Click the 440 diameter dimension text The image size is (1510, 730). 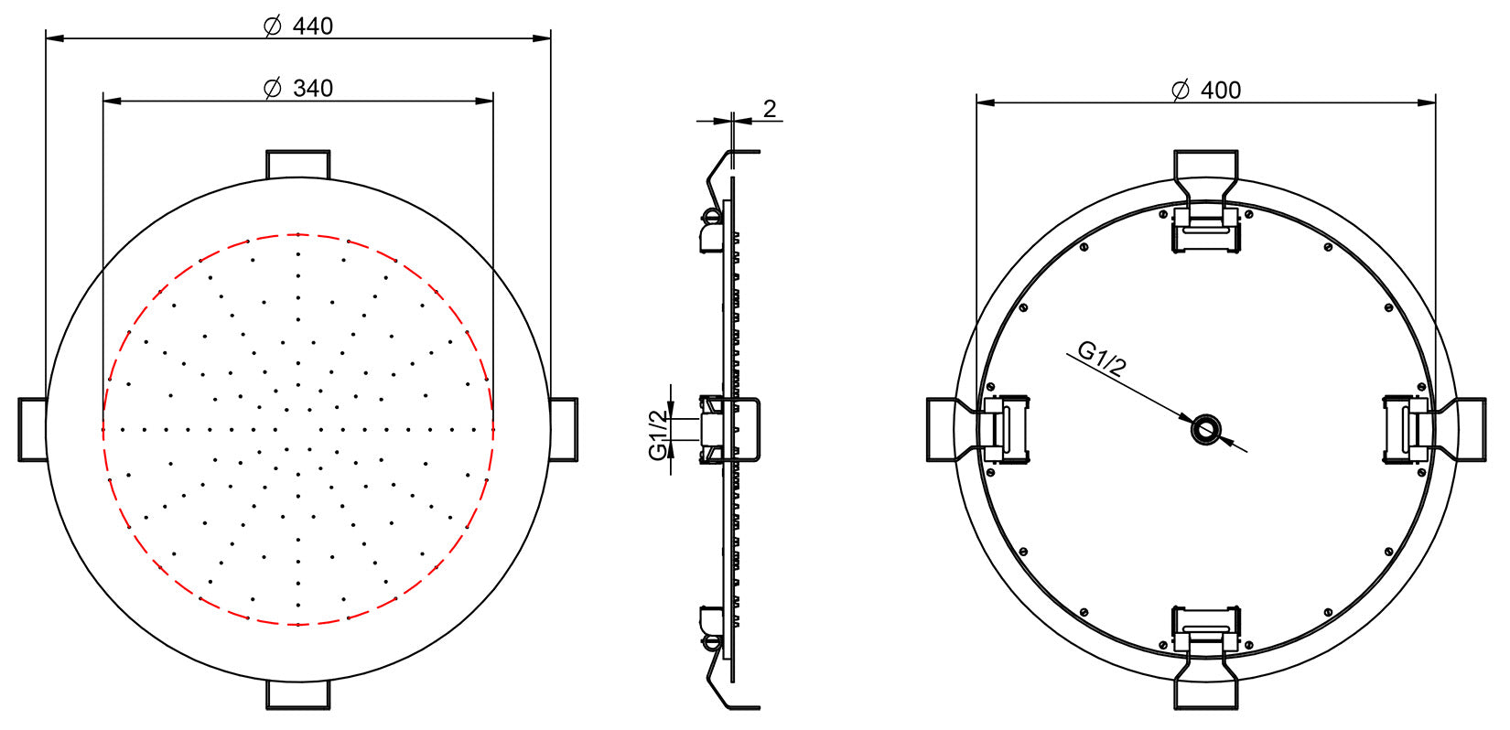[313, 26]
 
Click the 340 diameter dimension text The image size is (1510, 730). [313, 89]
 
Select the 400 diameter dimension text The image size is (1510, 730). [1221, 90]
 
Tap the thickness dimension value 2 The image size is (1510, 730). [770, 109]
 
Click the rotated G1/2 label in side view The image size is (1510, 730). [658, 435]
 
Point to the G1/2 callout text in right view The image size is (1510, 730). [1102, 360]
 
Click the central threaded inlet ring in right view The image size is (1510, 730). [1205, 429]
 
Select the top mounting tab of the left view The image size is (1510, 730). [297, 164]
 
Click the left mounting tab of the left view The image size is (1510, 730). [33, 429]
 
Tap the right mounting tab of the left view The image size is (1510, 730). [563, 429]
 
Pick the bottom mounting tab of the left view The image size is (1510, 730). [297, 693]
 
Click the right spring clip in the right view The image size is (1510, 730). [1407, 429]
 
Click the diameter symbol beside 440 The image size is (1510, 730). [272, 26]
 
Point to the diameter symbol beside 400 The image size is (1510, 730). [1181, 90]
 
